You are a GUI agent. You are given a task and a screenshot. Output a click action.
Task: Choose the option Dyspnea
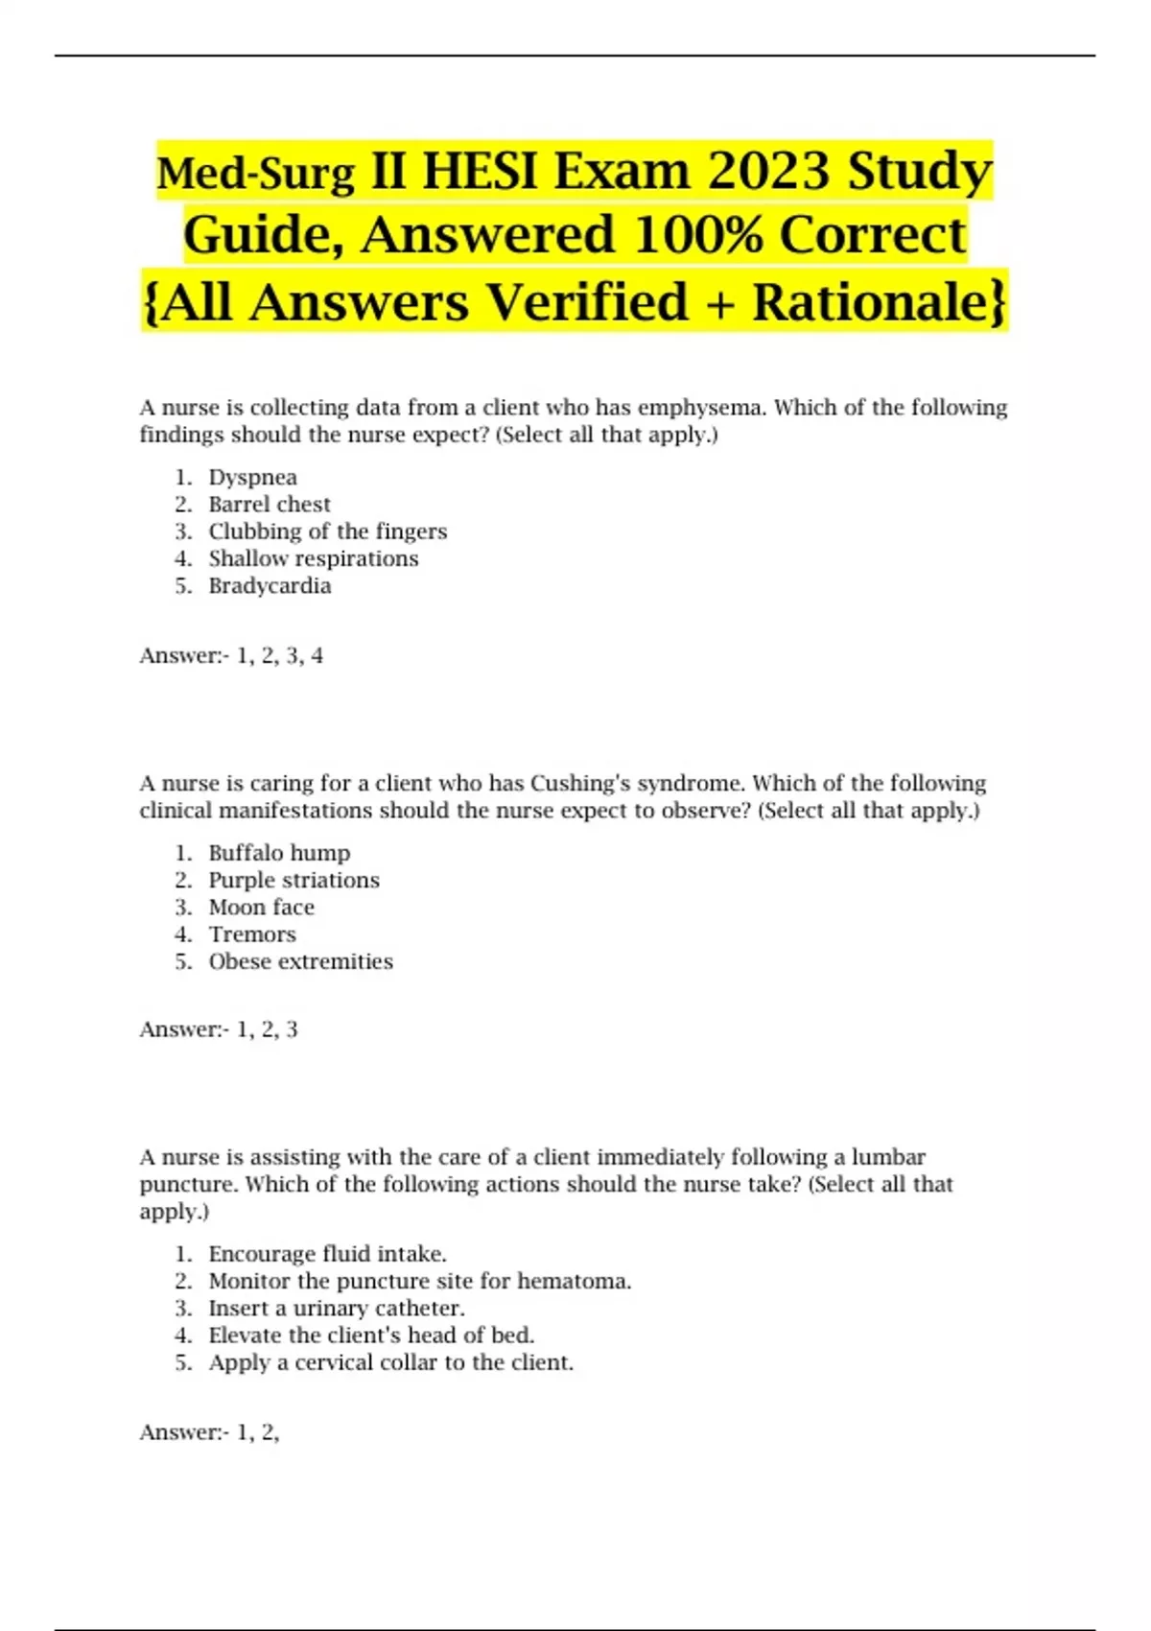253,478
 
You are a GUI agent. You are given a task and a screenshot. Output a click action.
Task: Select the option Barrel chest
270,505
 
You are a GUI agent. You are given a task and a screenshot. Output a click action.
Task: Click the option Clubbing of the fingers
328,532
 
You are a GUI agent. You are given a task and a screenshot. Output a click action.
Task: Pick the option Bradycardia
270,586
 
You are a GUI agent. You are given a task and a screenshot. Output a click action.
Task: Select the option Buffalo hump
280,853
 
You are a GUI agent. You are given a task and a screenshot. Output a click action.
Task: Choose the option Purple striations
294,881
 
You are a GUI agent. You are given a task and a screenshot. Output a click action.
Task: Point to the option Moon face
262,908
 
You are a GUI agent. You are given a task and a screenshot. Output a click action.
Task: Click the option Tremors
252,934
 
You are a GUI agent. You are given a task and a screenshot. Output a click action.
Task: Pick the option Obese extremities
301,961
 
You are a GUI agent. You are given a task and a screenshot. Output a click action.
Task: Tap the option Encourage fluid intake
328,1254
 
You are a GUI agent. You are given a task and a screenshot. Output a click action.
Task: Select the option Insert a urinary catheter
337,1309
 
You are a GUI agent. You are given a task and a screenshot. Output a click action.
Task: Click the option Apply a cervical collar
391,1362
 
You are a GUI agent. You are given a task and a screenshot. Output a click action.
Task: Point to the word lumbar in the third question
888,1157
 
